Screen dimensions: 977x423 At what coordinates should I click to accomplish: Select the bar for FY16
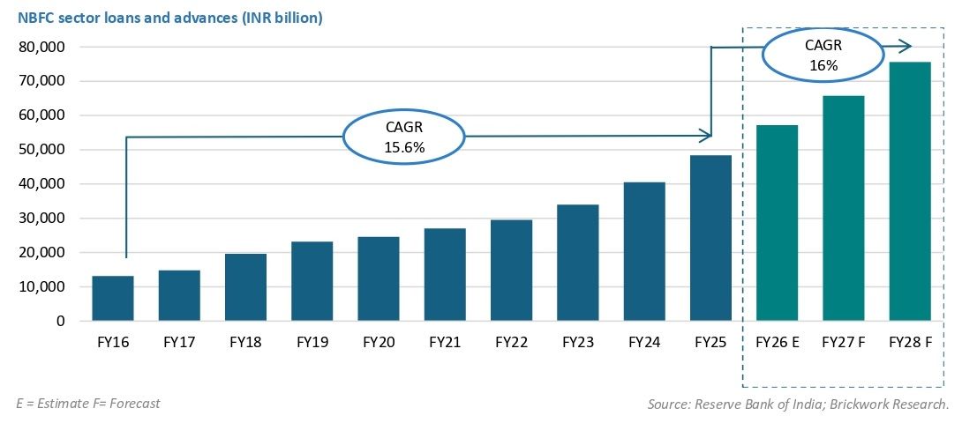tap(113, 299)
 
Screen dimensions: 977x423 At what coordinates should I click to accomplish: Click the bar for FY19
tap(312, 281)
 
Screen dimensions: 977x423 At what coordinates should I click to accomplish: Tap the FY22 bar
tap(512, 271)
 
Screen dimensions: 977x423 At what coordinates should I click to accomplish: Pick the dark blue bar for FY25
tap(711, 238)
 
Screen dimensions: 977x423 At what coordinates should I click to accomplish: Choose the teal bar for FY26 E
tap(777, 223)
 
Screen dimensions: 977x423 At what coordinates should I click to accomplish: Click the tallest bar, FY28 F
tap(910, 191)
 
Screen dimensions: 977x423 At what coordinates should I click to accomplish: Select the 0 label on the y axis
tap(60, 322)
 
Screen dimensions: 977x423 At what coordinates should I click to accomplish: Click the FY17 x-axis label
tap(179, 342)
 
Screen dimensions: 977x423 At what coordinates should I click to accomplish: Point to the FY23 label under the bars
tap(577, 342)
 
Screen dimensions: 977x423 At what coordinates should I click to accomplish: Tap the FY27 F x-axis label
tap(843, 342)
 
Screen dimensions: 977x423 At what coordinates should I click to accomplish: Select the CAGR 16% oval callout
tap(823, 56)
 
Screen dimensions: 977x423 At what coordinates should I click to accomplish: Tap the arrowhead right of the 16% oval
tap(906, 46)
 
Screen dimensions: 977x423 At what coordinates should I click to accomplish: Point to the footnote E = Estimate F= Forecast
tap(88, 403)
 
